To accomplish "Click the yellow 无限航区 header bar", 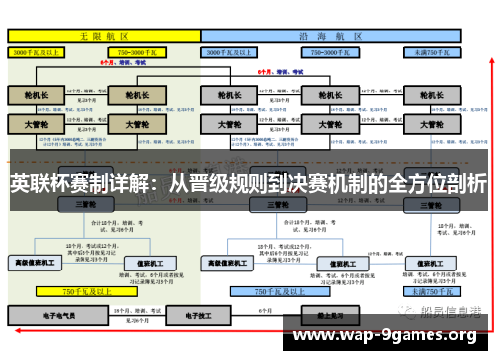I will [x=102, y=34].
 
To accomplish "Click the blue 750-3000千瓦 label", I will [x=326, y=50].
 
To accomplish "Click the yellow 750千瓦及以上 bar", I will [x=82, y=292].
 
